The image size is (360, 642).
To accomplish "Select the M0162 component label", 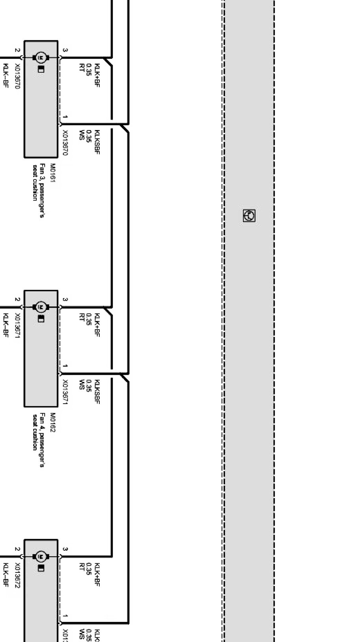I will pos(53,423).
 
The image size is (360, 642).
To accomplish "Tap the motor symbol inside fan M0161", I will pos(40,58).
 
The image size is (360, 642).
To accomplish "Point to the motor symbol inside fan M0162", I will pos(40,307).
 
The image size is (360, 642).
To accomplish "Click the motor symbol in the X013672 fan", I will pos(40,557).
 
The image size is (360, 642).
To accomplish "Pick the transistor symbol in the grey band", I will pos(249,216).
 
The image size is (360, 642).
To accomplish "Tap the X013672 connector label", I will pos(17,576).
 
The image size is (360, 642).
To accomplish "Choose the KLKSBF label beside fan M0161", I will pos(97,142).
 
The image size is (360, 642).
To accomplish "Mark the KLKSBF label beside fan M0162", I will pos(97,391).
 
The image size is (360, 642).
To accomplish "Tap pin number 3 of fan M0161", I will pos(65,50).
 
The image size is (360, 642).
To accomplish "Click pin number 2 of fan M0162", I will pos(17,300).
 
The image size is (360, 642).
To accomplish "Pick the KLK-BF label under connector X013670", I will pos(6,75).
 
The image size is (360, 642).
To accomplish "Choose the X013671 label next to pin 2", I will pos(17,326).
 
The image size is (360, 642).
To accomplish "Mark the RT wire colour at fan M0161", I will pos(82,67).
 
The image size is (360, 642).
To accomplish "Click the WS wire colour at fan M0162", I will pos(82,384).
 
